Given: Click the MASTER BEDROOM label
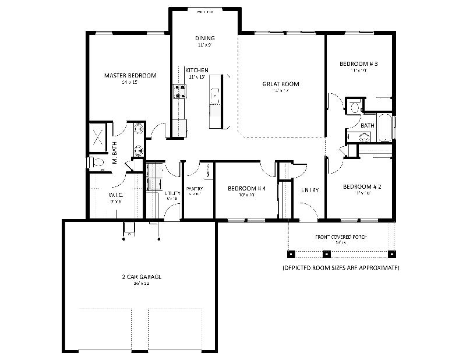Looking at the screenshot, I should point(130,75).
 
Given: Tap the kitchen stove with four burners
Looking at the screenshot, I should point(179,90).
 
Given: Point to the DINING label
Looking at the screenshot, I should point(204,38).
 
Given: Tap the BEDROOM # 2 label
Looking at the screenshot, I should point(362,187).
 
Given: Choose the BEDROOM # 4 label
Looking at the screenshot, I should point(246,189).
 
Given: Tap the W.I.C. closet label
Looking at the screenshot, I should point(115,195).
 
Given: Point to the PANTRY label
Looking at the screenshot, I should point(194,189).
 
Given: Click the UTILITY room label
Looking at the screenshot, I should point(172,193).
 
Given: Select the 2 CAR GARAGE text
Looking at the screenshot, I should point(139,277).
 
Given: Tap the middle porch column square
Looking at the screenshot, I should point(327,254).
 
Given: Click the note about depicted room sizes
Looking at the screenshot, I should point(341,268).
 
